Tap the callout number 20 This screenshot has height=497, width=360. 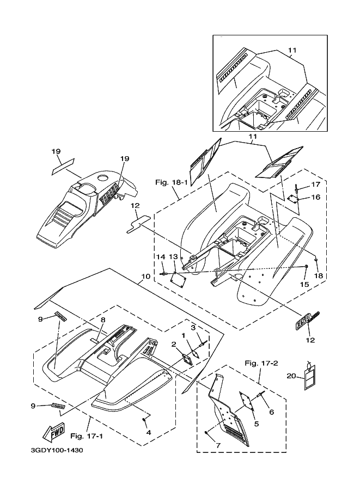coord(292,376)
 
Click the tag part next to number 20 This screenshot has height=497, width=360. coord(310,377)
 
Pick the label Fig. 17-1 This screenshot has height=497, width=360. coord(86,436)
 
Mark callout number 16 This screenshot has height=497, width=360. coord(316,197)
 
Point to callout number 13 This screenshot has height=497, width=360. coord(173,256)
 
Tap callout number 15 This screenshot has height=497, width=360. coord(304,284)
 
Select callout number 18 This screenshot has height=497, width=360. coord(319,276)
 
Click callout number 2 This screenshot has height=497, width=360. coord(173,345)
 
